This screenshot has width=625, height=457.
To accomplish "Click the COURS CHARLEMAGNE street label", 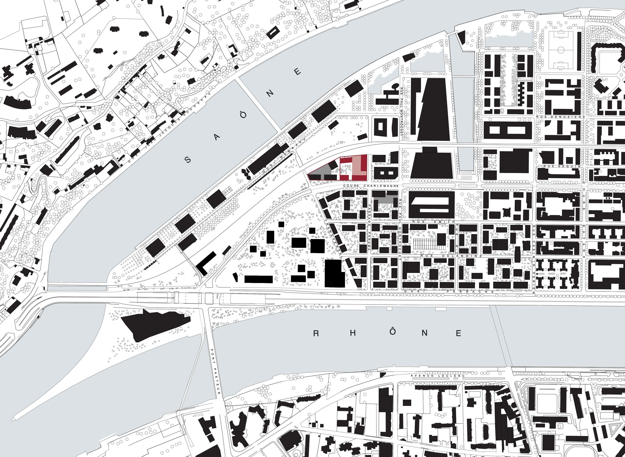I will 371,186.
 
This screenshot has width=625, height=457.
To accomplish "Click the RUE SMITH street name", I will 433,222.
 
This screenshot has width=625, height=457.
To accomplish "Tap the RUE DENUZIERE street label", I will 561,117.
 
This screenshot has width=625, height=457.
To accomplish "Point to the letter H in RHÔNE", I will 353,333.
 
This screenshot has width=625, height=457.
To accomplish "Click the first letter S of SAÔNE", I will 188,160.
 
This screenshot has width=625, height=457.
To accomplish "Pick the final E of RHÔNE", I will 458,333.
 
